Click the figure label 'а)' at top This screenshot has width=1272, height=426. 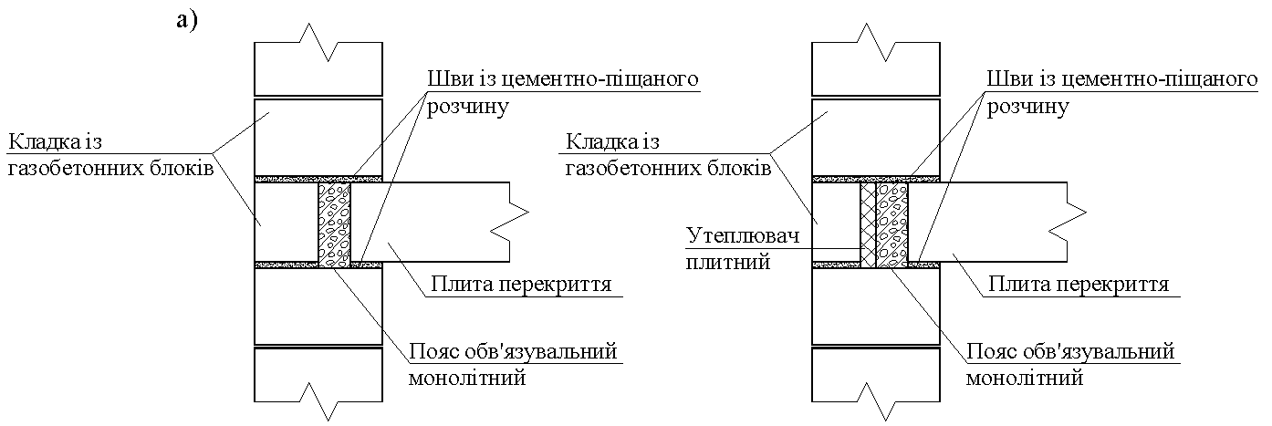point(187,21)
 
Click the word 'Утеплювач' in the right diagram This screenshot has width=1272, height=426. point(743,235)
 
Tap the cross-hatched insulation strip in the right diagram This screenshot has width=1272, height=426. point(869,225)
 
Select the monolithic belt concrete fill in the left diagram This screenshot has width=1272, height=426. point(334,225)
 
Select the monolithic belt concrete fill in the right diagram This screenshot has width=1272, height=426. point(892,225)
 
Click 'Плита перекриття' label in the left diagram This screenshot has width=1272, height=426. point(521,284)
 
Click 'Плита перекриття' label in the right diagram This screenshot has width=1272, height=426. point(1079,284)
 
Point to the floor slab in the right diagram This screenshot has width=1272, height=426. point(988,222)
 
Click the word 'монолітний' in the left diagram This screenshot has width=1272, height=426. point(467,378)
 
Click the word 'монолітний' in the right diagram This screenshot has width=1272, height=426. point(1025,378)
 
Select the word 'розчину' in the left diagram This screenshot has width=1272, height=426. point(468,107)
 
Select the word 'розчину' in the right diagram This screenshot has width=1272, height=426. point(1027,107)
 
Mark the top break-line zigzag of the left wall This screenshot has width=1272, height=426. point(318,43)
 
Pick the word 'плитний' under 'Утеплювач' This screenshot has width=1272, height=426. point(728,262)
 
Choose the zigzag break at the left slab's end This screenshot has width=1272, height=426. point(510,222)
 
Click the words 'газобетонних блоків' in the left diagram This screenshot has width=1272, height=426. point(110,168)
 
